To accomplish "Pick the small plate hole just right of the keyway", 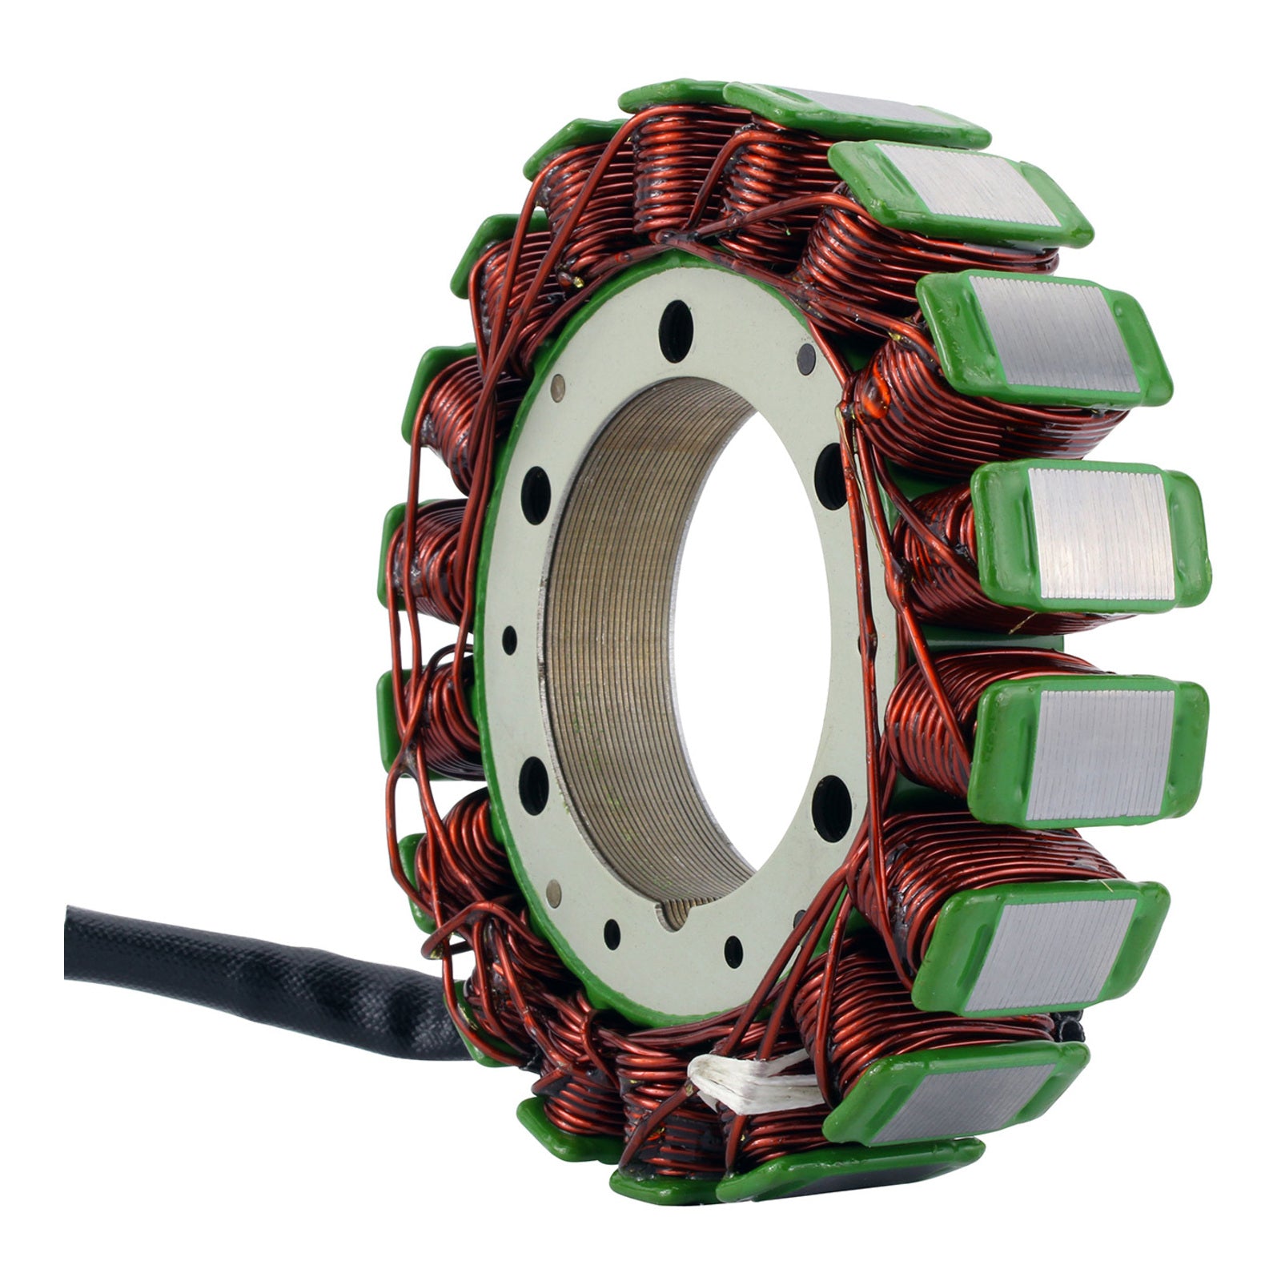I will click(733, 951).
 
